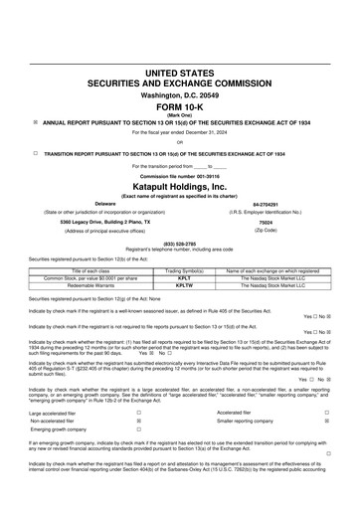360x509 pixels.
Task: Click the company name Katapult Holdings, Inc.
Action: click(179, 185)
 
